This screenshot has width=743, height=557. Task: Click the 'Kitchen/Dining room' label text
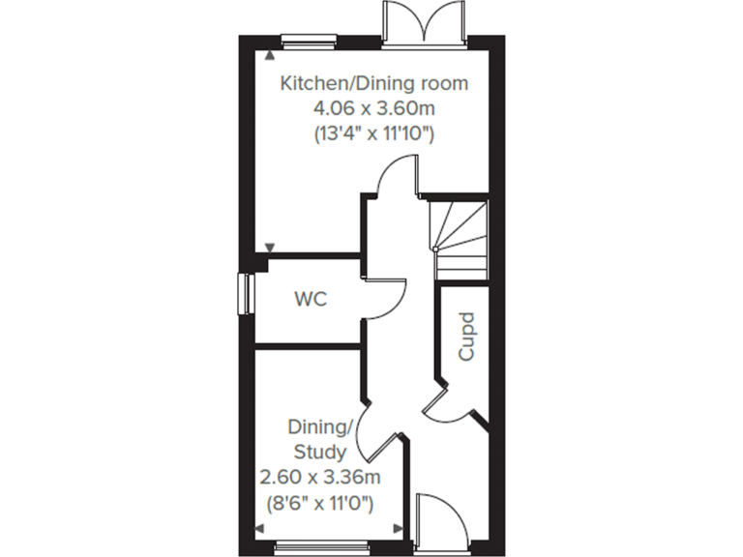(x=373, y=83)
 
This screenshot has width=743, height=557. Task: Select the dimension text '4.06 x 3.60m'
(x=373, y=108)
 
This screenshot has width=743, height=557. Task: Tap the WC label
(x=311, y=300)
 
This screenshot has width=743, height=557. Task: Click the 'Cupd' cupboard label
(x=467, y=336)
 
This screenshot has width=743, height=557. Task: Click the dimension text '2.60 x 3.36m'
(x=320, y=477)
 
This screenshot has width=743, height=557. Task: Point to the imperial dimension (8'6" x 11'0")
(x=320, y=502)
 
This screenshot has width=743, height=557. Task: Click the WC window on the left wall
(x=244, y=295)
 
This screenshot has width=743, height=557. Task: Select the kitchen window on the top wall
(x=308, y=41)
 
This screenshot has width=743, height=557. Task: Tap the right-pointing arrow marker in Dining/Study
(x=399, y=528)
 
